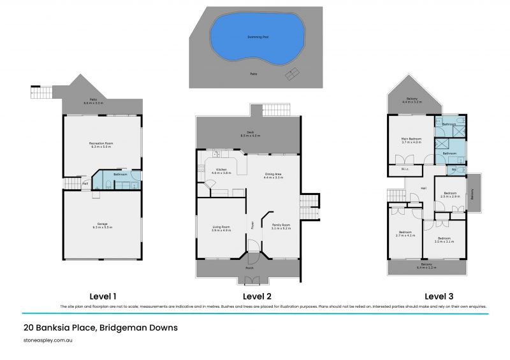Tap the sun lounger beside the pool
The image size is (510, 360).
[x=292, y=74]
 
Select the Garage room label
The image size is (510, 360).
[x=102, y=226]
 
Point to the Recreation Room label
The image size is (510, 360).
[x=101, y=145]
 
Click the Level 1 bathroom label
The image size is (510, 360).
[x=120, y=174]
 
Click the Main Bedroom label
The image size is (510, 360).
[x=412, y=140]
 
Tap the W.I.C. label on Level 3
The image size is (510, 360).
[x=405, y=169]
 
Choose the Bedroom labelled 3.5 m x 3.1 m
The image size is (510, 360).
[x=444, y=240]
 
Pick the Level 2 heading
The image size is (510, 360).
[x=257, y=296]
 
